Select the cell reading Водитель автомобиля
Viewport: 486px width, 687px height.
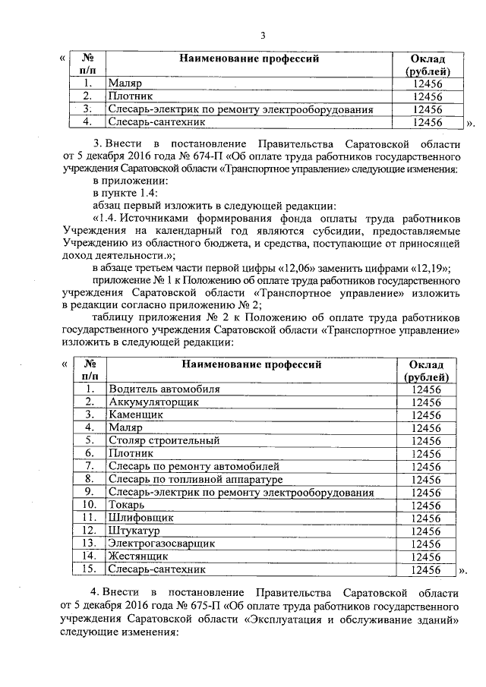tap(164, 389)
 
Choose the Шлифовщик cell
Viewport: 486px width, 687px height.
tap(141, 518)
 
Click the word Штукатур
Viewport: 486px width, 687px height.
tap(136, 531)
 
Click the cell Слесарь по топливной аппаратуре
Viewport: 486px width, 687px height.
tap(195, 479)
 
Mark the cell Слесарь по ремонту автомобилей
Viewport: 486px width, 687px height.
tap(194, 466)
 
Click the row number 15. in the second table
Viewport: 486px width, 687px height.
tap(89, 569)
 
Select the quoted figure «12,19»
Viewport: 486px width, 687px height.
tap(432, 269)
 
